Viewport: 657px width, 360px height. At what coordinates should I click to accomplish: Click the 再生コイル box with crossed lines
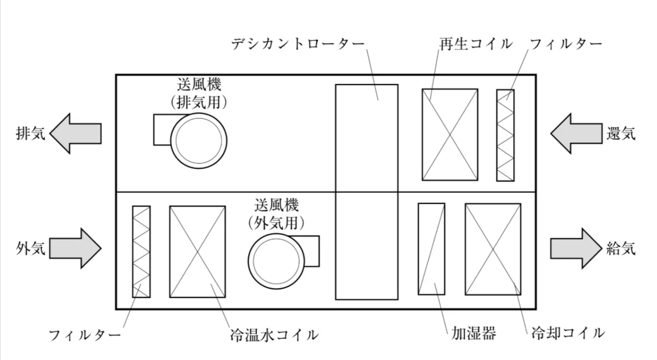(449, 135)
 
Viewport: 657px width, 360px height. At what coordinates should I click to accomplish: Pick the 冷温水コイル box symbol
(197, 251)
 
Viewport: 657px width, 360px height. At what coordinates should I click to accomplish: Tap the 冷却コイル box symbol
(493, 249)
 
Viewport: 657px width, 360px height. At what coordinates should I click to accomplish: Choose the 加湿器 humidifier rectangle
(431, 249)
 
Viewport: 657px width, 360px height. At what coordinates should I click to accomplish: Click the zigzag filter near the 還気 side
(505, 135)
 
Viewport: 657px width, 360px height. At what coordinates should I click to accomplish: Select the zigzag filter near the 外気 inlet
(141, 251)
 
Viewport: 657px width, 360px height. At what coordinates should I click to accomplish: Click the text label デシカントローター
(297, 44)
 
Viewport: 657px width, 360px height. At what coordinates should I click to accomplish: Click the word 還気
(621, 134)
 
